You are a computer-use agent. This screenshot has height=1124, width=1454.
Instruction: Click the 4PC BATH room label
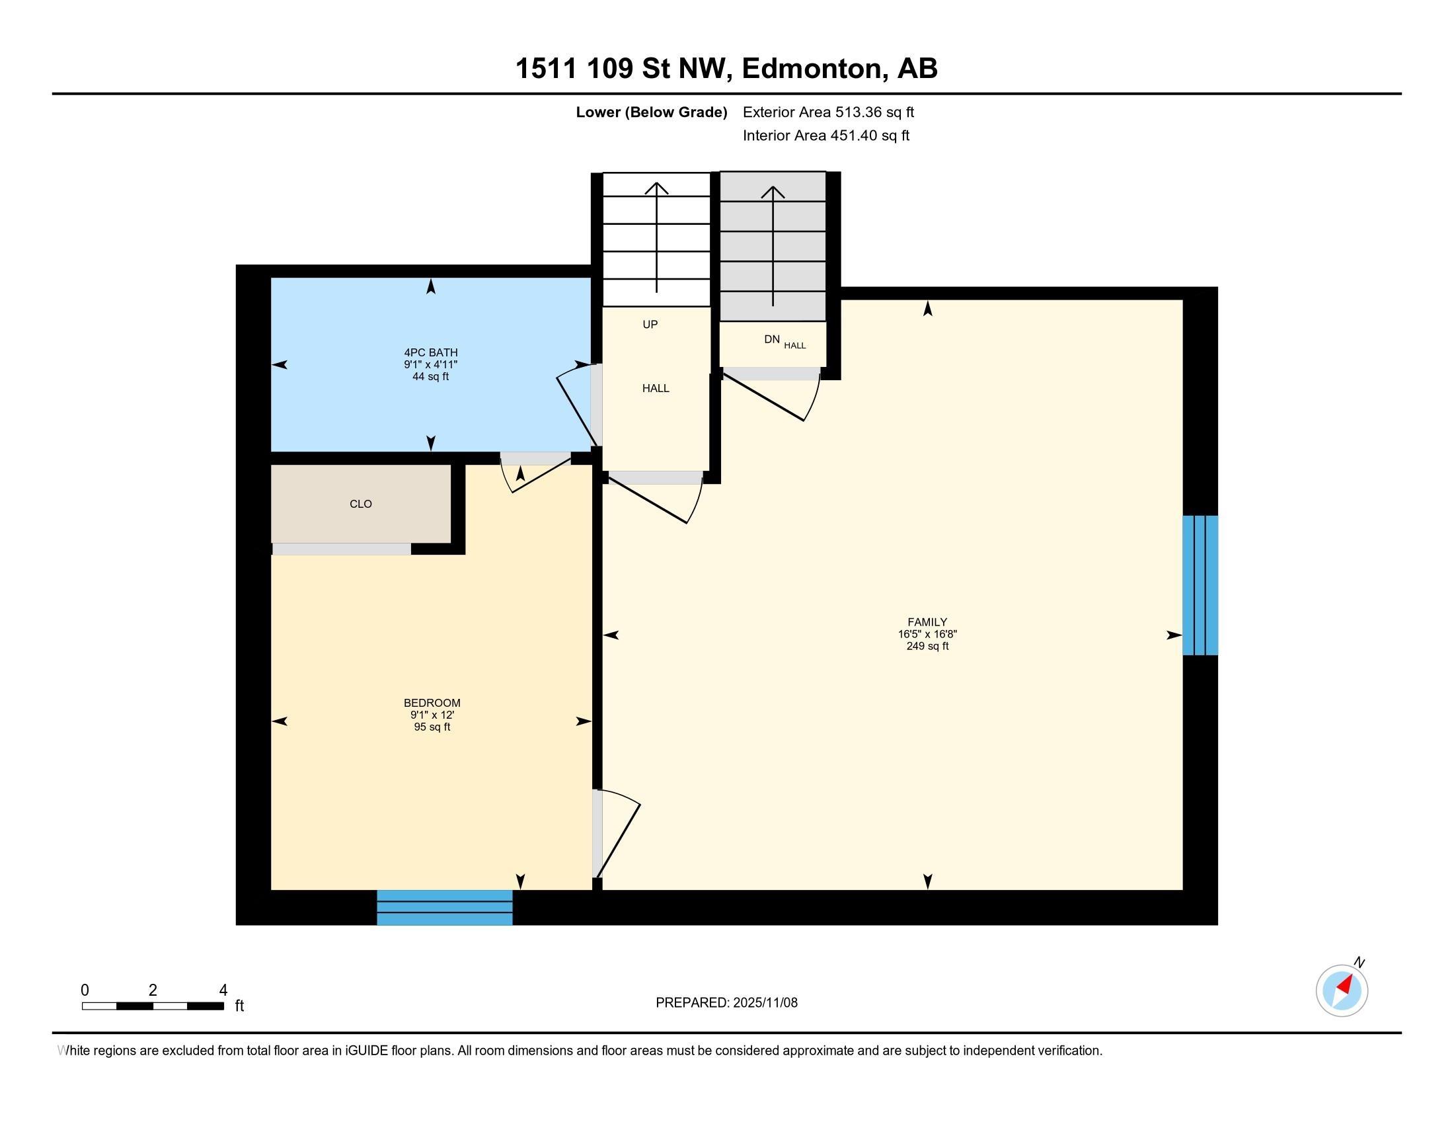tap(431, 352)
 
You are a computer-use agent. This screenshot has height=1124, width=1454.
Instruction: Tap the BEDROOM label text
tap(432, 702)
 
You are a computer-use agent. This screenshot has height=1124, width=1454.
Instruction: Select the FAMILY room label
tap(927, 622)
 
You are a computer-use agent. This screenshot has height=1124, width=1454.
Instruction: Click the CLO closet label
tap(361, 504)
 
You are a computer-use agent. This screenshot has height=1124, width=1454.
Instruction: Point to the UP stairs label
tap(650, 324)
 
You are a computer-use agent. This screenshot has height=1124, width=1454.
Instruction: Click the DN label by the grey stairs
tap(771, 339)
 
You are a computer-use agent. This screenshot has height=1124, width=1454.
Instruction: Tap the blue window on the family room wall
tap(1200, 585)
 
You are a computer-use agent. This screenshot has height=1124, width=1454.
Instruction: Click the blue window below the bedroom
tap(445, 908)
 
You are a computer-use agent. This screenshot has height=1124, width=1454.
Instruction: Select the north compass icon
tap(1342, 990)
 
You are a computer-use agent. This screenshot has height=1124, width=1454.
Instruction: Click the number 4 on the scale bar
tap(223, 990)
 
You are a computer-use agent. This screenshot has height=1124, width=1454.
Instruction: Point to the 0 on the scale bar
tap(85, 990)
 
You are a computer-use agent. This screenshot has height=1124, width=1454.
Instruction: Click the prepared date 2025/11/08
tap(764, 1002)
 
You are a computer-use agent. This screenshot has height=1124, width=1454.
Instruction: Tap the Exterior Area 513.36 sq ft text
tap(828, 112)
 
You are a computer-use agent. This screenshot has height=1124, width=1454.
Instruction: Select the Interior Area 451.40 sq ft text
tap(825, 135)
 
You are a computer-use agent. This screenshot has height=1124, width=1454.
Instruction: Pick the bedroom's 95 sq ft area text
tap(432, 727)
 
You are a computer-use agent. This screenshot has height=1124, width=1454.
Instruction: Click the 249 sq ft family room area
tap(927, 646)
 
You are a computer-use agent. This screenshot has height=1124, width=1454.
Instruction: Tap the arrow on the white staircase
tap(656, 237)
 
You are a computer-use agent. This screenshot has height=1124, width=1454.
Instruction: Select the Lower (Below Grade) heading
tap(651, 112)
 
